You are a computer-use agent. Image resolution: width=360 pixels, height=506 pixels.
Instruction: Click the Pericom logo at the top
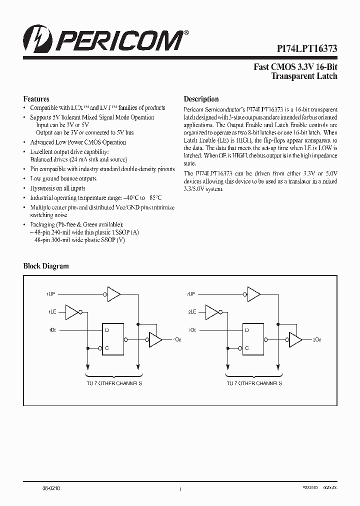pyautogui.click(x=105, y=39)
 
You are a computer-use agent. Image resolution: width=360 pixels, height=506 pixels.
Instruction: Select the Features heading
pyautogui.click(x=36, y=99)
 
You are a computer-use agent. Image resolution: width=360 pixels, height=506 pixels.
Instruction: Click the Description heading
pyautogui.click(x=201, y=99)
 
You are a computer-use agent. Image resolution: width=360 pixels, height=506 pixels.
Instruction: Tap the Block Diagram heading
pyautogui.click(x=46, y=266)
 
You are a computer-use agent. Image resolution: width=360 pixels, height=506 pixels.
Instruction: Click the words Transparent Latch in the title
pyautogui.click(x=304, y=76)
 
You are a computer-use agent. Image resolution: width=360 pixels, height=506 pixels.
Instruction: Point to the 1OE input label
pyautogui.click(x=52, y=294)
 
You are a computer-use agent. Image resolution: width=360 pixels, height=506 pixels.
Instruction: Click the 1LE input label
pyautogui.click(x=52, y=311)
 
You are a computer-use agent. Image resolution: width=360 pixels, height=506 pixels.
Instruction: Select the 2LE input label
pyautogui.click(x=191, y=311)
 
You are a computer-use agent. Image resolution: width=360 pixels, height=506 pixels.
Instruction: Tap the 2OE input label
pyautogui.click(x=191, y=294)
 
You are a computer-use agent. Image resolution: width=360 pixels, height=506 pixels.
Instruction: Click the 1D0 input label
pyautogui.click(x=52, y=330)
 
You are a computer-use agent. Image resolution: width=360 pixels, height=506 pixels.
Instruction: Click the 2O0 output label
pyautogui.click(x=317, y=339)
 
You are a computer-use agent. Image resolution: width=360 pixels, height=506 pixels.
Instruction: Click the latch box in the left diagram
pyautogui.click(x=112, y=338)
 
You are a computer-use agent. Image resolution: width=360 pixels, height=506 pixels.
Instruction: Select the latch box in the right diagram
pyautogui.click(x=252, y=338)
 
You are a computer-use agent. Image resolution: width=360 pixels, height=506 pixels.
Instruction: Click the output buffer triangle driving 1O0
pyautogui.click(x=155, y=339)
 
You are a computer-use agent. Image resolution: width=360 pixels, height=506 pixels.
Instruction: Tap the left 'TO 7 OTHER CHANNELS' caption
pyautogui.click(x=114, y=383)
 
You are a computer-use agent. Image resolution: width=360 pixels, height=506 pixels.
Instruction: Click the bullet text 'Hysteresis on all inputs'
pyautogui.click(x=57, y=188)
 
